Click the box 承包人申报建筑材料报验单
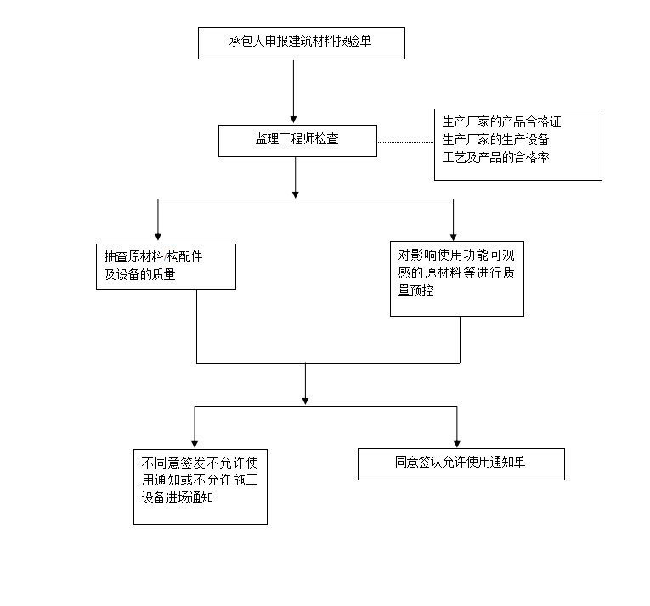point(301,43)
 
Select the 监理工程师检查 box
point(297,141)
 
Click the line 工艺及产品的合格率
point(495,156)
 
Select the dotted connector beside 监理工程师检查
point(405,142)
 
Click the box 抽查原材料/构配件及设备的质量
point(166,266)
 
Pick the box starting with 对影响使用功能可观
point(456,279)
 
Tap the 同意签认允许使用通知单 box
point(461,463)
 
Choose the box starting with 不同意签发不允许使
point(200,485)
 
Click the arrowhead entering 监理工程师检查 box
point(294,120)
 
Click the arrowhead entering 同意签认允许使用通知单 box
point(457,442)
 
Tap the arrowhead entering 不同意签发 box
point(195,442)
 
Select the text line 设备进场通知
point(178,497)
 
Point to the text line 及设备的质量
point(140,274)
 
